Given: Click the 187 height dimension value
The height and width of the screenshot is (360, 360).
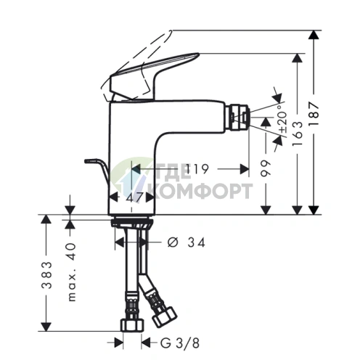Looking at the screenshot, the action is [314, 114].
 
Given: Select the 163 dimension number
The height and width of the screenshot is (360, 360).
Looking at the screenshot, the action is [298, 134].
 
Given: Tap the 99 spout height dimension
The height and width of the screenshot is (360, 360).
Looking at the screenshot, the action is [266, 168].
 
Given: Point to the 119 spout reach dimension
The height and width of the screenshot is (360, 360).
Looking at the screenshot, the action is [197, 169].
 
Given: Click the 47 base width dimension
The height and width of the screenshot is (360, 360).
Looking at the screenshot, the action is [134, 198].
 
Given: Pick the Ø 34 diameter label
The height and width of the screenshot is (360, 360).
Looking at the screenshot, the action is [187, 242].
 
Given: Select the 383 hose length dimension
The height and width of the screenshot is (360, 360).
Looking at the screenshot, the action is [46, 275].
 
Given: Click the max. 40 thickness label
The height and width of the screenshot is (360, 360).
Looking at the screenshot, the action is [72, 272].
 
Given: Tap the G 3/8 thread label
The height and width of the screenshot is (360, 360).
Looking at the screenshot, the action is [180, 343].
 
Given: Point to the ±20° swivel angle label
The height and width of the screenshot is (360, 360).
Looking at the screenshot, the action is [282, 118].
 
